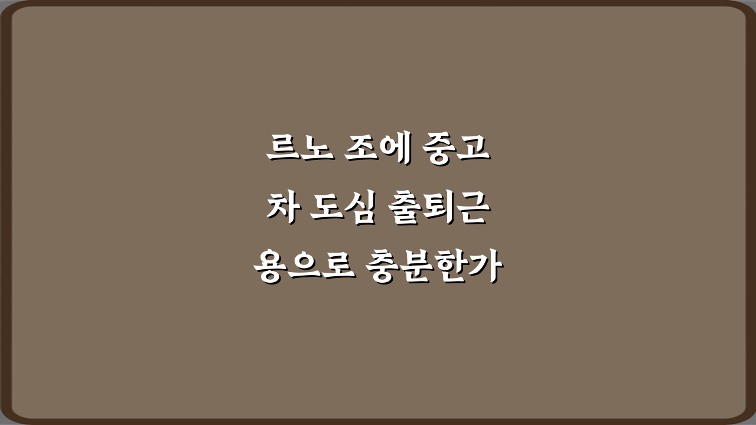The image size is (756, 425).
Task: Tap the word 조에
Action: pos(378,150)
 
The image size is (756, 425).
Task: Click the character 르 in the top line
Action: pos(279,150)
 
